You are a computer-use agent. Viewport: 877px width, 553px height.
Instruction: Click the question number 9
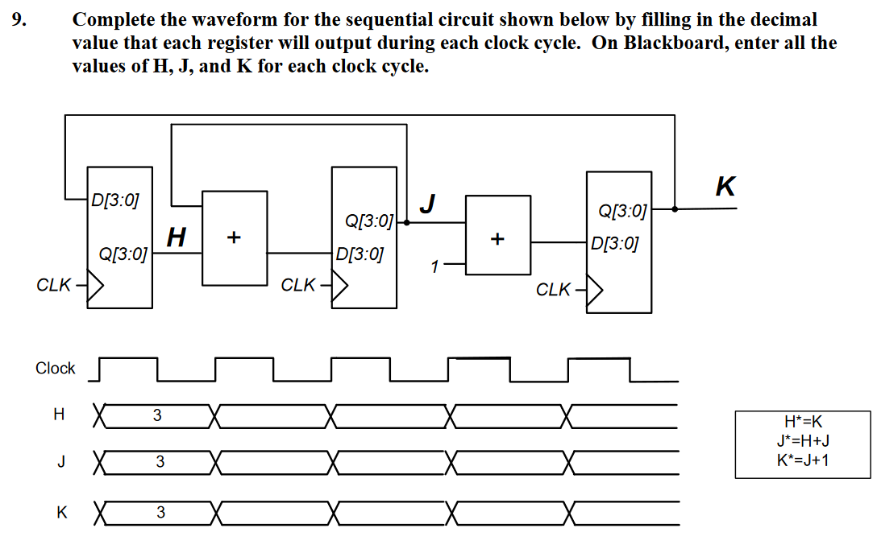[x=18, y=19]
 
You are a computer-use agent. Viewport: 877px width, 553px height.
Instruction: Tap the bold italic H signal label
[x=177, y=237]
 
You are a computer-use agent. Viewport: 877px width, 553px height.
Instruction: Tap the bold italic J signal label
[x=429, y=204]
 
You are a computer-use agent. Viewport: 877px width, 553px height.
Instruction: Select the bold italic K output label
[x=725, y=187]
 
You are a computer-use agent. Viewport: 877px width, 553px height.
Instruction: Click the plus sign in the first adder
[x=234, y=237]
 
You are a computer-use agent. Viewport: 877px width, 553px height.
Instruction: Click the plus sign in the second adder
[x=497, y=239]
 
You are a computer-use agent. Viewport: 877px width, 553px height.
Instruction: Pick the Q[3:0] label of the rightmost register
[x=623, y=211]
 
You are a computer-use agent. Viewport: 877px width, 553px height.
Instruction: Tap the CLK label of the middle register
[x=297, y=285]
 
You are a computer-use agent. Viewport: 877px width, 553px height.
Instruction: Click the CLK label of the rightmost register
[x=553, y=290]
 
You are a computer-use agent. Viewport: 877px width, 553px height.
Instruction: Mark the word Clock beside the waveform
[x=55, y=368]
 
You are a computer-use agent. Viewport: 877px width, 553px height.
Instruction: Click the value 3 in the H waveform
[x=157, y=416]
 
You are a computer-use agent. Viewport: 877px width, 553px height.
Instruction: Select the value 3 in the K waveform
[x=160, y=512]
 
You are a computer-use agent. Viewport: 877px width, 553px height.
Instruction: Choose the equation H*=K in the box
[x=802, y=421]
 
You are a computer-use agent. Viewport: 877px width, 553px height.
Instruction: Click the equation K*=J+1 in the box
[x=802, y=460]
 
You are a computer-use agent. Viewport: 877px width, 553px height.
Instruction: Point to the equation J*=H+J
[x=802, y=440]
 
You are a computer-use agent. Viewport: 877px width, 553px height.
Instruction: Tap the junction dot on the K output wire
[x=675, y=208]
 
